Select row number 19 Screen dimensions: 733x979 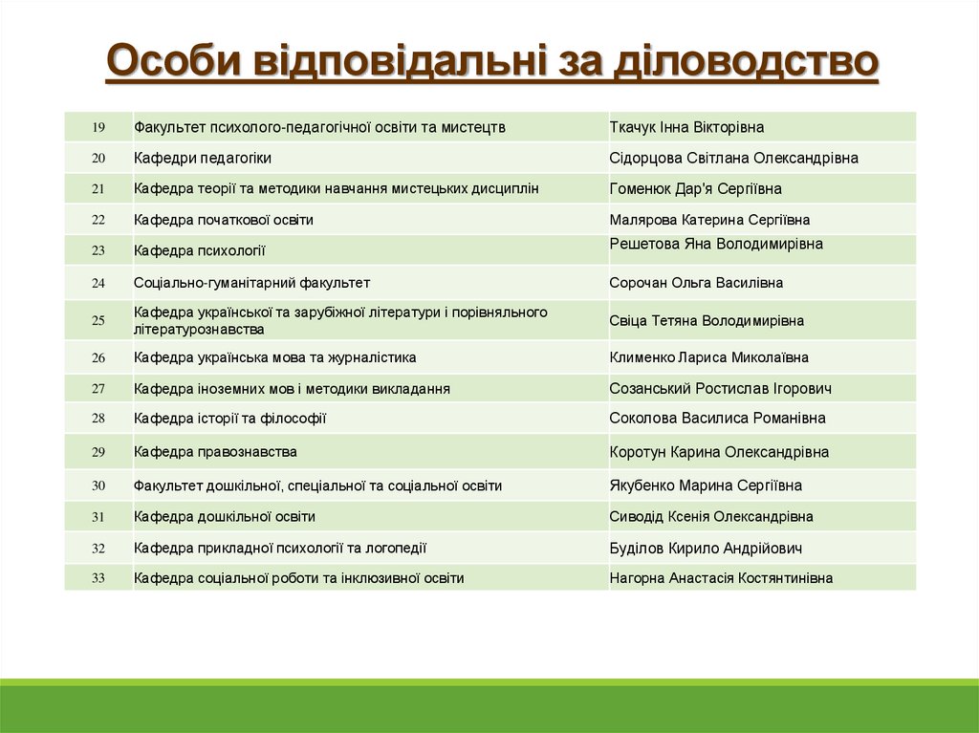click(98, 127)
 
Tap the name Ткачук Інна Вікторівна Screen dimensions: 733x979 click(686, 127)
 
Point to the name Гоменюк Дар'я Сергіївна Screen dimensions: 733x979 click(695, 189)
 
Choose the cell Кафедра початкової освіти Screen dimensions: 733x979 click(224, 220)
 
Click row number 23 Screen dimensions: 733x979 click(98, 251)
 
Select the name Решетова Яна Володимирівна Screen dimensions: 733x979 click(716, 244)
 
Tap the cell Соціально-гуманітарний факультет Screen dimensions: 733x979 click(251, 283)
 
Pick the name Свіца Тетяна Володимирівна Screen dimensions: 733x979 click(707, 321)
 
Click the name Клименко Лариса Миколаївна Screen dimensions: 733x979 click(708, 357)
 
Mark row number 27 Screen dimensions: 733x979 click(98, 389)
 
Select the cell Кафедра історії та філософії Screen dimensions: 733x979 click(230, 419)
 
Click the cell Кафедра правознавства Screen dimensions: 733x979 click(215, 451)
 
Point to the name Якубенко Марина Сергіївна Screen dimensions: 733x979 click(706, 485)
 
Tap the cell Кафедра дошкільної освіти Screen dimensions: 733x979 click(225, 517)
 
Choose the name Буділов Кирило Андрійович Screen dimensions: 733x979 click(706, 549)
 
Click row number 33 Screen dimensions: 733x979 click(98, 578)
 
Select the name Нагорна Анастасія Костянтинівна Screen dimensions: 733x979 click(721, 578)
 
